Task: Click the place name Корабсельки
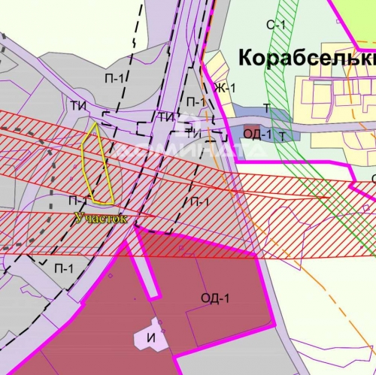tap(305, 58)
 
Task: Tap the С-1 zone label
tap(276, 25)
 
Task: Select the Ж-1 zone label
tap(224, 88)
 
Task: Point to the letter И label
tap(150, 337)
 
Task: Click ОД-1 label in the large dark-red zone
tap(214, 298)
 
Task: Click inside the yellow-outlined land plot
tap(99, 165)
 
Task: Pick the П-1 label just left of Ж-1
tap(196, 101)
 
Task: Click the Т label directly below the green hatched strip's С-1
tap(266, 108)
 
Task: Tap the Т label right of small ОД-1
tap(282, 136)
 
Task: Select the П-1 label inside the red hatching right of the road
tap(199, 201)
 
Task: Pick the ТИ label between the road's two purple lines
tap(166, 116)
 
